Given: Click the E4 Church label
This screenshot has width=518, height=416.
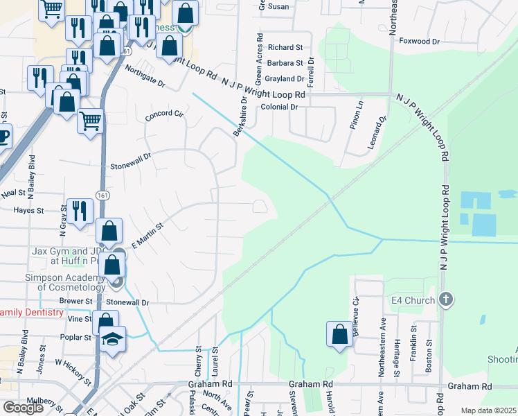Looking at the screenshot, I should [413, 300].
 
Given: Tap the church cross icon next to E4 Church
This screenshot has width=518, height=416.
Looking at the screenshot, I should [446, 300].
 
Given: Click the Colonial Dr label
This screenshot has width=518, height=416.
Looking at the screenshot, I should [279, 107].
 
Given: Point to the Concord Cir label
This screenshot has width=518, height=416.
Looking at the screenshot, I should [163, 116].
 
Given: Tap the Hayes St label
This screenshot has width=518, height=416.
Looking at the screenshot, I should [28, 209].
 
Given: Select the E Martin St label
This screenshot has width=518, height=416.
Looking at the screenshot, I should [146, 235].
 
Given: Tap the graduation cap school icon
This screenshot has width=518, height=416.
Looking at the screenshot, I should [111, 339].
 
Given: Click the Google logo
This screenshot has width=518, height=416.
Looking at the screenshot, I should [24, 408].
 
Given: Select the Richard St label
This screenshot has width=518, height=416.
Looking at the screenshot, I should [286, 48].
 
